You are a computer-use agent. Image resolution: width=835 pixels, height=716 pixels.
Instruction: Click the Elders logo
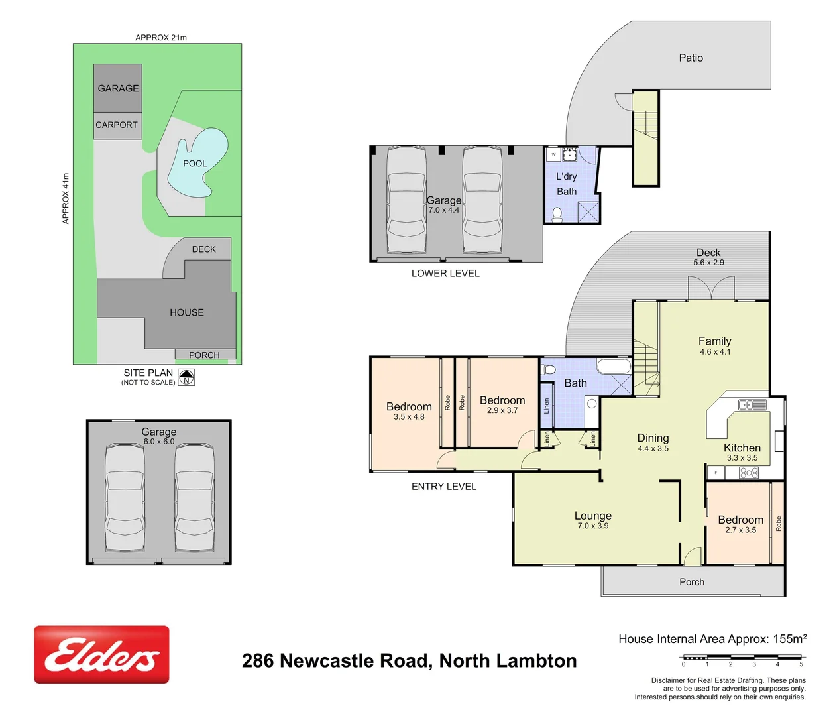101,654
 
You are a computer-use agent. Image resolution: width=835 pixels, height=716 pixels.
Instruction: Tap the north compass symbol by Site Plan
187,377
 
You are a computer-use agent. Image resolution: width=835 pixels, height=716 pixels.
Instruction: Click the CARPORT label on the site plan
117,125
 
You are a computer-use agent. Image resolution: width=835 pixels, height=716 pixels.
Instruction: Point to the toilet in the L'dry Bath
557,213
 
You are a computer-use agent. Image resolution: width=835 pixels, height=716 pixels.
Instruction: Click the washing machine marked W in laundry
553,154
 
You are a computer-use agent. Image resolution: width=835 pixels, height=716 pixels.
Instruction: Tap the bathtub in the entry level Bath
614,366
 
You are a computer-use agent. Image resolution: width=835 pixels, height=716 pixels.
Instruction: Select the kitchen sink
752,404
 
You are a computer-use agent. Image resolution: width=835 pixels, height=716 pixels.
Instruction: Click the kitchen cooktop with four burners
748,473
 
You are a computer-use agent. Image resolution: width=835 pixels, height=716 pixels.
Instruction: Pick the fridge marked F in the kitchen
716,473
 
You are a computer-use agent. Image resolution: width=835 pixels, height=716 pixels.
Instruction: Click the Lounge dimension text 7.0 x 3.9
592,526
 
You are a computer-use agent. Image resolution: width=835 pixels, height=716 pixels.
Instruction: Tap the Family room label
714,341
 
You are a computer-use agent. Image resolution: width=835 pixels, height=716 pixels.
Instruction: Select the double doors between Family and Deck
711,288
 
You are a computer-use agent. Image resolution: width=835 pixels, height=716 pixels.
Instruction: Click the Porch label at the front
692,582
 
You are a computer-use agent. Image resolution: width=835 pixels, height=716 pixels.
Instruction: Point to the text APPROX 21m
161,38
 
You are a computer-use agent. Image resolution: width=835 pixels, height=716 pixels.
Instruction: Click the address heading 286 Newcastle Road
409,661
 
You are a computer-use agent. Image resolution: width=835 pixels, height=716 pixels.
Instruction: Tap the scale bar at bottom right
742,658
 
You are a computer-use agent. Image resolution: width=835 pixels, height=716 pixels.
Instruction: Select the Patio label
691,58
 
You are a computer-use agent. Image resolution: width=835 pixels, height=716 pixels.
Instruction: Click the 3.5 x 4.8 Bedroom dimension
409,417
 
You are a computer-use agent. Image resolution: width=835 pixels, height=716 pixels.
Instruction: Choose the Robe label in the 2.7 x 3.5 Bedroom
778,523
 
